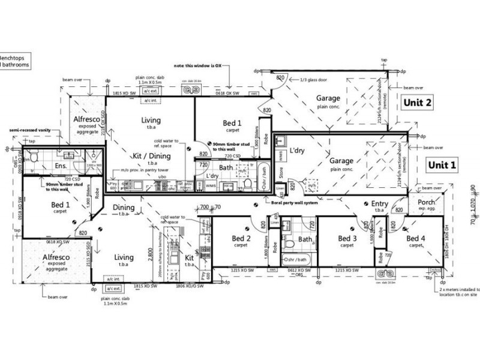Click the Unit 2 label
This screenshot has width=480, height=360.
418,103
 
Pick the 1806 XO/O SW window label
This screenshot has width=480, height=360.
194,286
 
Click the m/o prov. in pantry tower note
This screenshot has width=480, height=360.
143,170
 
